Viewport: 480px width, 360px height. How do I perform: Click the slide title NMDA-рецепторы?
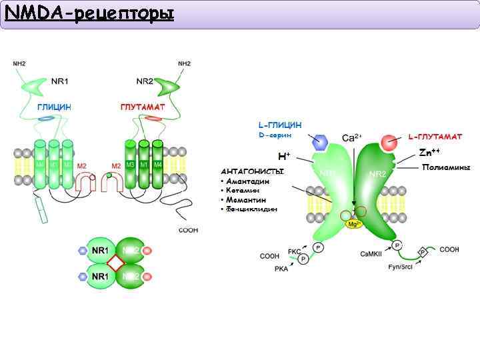pos(89,13)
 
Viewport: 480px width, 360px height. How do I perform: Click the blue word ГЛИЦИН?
pos(55,107)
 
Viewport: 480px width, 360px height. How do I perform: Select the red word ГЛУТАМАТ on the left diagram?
pos(143,107)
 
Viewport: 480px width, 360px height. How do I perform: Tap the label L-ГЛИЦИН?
pos(279,125)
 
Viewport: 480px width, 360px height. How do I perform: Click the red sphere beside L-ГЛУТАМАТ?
pos(389,143)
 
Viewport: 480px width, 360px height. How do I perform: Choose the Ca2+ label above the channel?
pos(352,138)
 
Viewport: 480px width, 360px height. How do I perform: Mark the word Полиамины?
pos(446,167)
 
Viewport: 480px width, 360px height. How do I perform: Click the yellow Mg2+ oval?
pos(354,225)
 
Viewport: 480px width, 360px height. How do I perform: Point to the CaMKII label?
pos(371,253)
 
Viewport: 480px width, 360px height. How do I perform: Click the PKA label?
pos(281,269)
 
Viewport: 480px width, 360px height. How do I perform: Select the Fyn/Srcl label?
pos(402,267)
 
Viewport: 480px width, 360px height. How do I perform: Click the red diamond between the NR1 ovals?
pos(115,263)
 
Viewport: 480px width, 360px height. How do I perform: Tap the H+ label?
pos(284,157)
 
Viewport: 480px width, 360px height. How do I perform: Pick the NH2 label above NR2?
pos(184,63)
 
